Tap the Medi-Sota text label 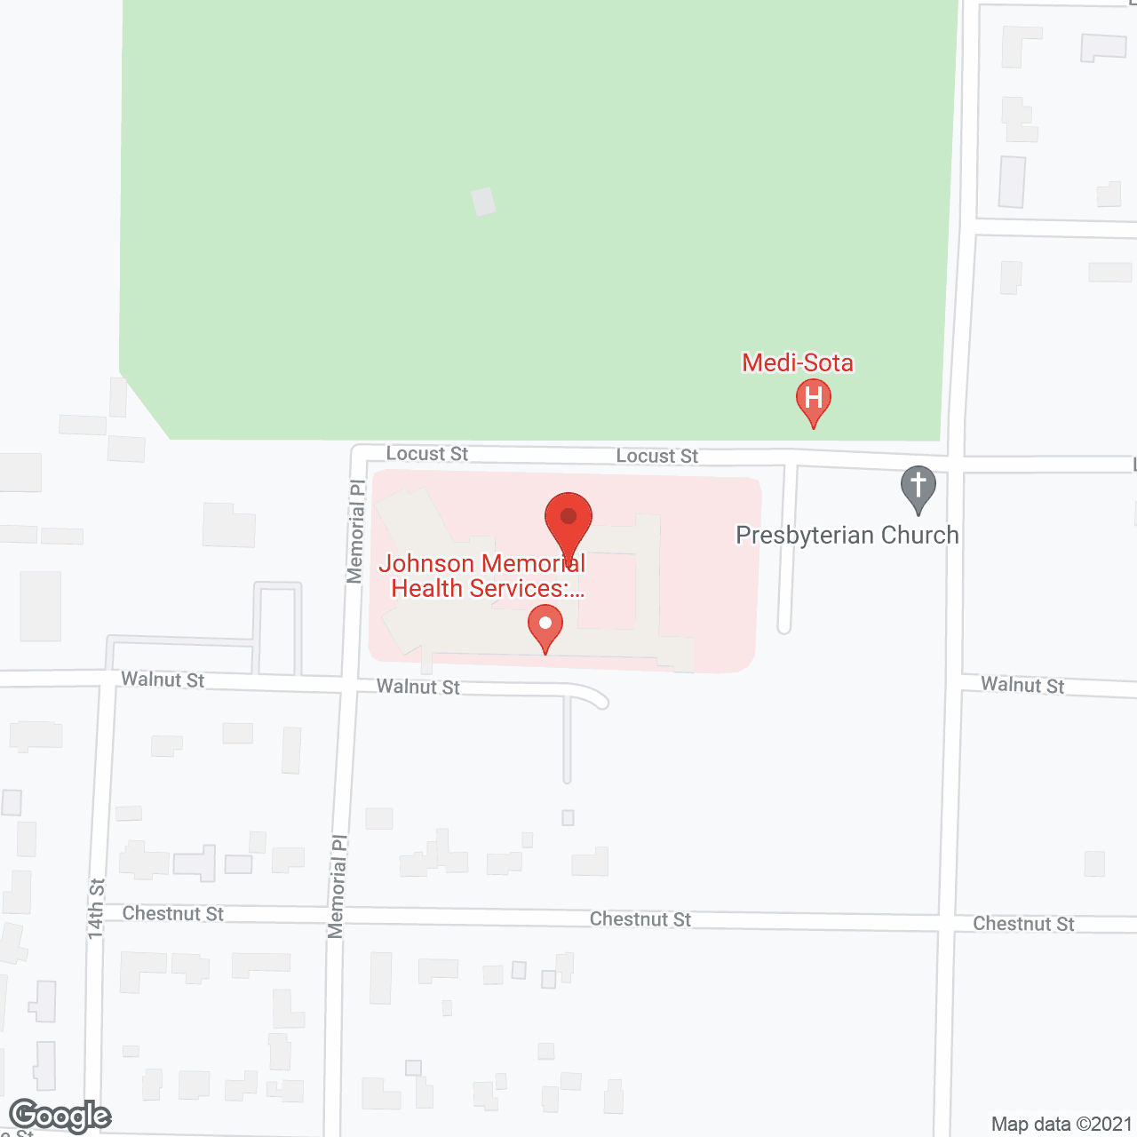tap(798, 362)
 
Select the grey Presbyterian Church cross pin tap(918, 488)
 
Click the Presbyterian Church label tap(847, 535)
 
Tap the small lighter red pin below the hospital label tap(545, 627)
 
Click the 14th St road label tap(96, 909)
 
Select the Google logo tap(60, 1116)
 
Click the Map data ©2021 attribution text tap(1061, 1125)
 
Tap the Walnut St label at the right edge tap(1022, 685)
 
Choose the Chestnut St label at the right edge tap(1023, 924)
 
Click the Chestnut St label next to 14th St tap(173, 913)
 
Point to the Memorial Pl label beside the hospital tap(355, 532)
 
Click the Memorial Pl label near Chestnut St tap(337, 886)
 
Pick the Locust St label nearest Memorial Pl tap(427, 454)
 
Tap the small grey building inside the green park tap(483, 202)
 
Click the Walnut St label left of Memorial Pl tap(163, 680)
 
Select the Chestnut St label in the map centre tap(640, 919)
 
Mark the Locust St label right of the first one tap(657, 456)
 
